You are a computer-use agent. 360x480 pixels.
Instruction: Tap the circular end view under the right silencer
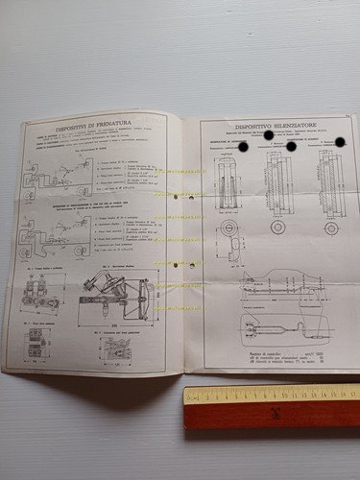[x=331, y=228]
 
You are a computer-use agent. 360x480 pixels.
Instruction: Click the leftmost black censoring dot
[x=242, y=147]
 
